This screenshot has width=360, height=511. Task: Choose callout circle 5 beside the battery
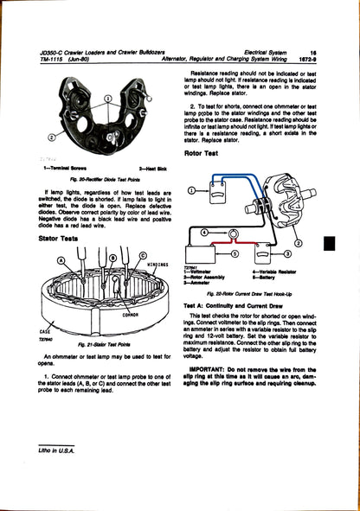coord(278,253)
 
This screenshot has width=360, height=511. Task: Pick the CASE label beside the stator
coord(45,331)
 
